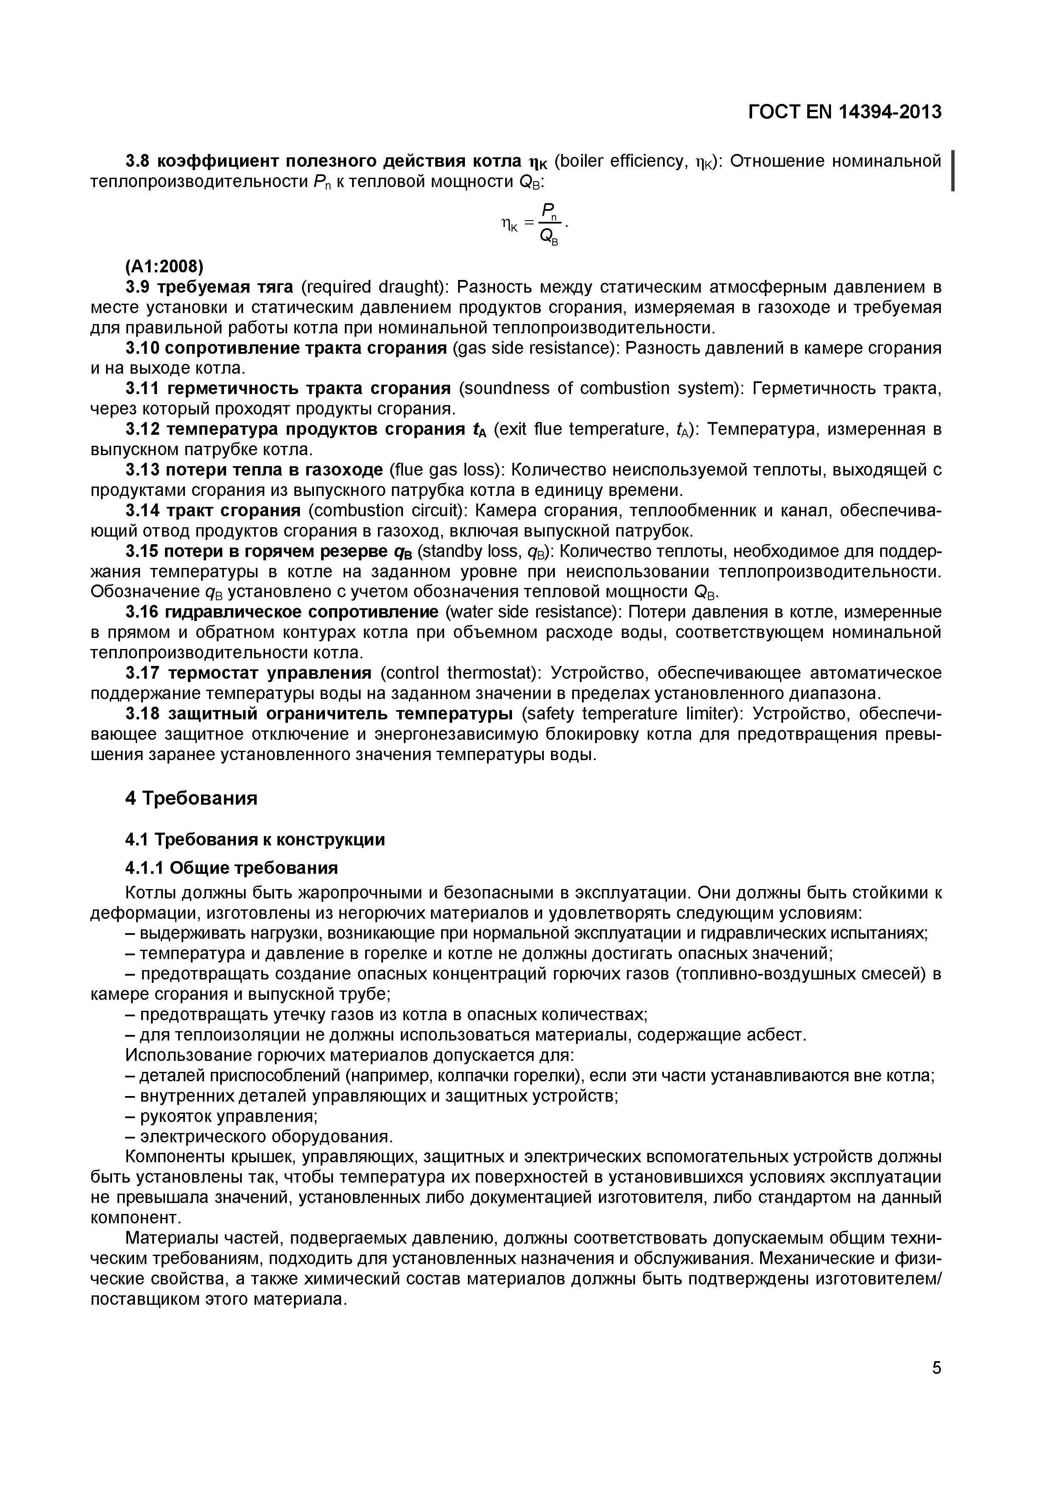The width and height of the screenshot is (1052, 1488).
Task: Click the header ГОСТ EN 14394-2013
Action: coord(845,112)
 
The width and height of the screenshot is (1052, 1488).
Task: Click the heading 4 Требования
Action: coord(191,798)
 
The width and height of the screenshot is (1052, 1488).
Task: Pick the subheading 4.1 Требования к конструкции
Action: coord(255,840)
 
